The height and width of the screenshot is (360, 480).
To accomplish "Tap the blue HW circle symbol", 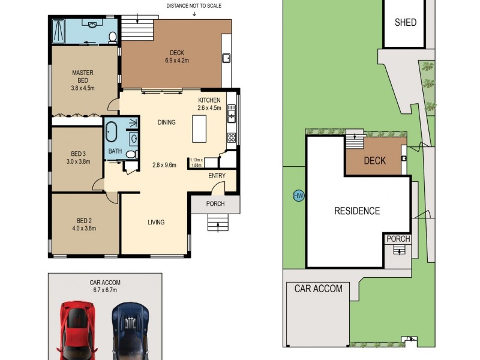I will (298, 196).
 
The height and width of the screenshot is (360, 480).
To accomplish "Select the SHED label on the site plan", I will (406, 23).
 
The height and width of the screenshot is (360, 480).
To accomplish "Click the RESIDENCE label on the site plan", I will (357, 211).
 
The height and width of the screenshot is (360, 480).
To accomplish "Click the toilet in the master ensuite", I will (112, 37).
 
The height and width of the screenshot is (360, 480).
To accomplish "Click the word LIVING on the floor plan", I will (156, 222).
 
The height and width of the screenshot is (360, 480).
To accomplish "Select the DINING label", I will (166, 122).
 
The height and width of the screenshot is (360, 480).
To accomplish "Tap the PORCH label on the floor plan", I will (215, 204).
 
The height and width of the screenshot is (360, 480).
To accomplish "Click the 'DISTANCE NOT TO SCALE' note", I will (193, 6).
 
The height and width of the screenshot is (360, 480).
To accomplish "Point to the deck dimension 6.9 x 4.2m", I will (177, 61).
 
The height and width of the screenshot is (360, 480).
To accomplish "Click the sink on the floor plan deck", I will (227, 58).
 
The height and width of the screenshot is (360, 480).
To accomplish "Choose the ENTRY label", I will (217, 176).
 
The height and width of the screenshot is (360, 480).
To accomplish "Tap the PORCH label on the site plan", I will (398, 239).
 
